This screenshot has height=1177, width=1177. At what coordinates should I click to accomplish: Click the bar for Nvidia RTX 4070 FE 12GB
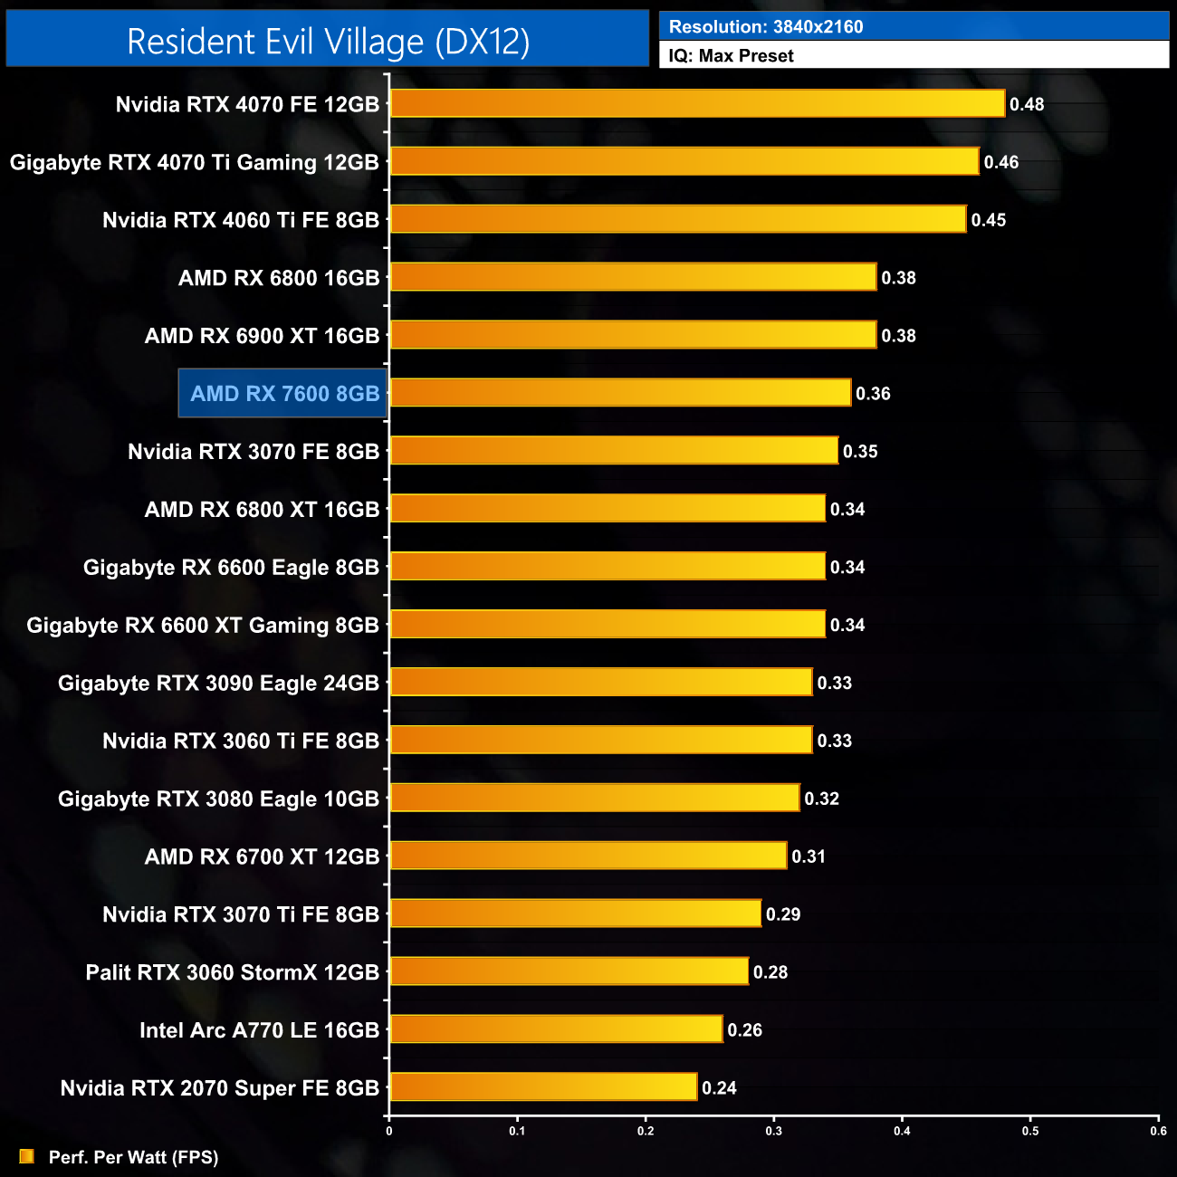pos(697,103)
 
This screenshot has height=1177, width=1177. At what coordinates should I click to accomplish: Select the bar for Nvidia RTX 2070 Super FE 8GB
pos(543,1086)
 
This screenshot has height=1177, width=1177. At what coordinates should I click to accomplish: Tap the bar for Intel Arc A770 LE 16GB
pos(556,1029)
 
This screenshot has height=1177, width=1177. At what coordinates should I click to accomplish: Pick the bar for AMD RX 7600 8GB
pos(620,393)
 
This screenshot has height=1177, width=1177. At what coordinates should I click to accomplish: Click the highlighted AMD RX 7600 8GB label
pos(283,394)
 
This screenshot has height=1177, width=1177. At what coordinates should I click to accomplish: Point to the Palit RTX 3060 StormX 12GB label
pos(232,972)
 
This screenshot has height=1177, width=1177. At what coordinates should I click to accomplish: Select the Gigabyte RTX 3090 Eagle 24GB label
pos(218,684)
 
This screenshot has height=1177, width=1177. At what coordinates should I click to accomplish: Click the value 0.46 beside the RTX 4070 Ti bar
pos(1001,162)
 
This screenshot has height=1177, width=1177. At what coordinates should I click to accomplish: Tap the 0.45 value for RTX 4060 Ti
pos(989,220)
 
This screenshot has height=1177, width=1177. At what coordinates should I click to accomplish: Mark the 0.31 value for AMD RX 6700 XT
pos(809,856)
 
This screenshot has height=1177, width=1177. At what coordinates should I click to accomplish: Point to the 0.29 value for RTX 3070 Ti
pos(783,914)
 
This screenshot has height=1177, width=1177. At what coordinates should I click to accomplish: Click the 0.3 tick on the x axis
pos(774,1131)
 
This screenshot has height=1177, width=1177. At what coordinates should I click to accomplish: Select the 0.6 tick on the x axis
pos(1159,1131)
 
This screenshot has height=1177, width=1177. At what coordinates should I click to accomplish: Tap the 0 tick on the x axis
pos(389,1131)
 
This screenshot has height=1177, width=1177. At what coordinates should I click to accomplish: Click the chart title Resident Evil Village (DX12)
pos(328,41)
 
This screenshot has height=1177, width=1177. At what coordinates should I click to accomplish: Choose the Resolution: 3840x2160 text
pos(766,27)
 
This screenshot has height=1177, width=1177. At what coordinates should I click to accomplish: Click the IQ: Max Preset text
pos(731,56)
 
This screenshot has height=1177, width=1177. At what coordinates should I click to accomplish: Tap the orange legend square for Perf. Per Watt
pos(27,1156)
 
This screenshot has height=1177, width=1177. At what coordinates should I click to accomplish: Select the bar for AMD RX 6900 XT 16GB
pos(633,335)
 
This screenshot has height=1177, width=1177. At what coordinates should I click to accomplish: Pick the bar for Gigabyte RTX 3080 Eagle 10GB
pos(595,798)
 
